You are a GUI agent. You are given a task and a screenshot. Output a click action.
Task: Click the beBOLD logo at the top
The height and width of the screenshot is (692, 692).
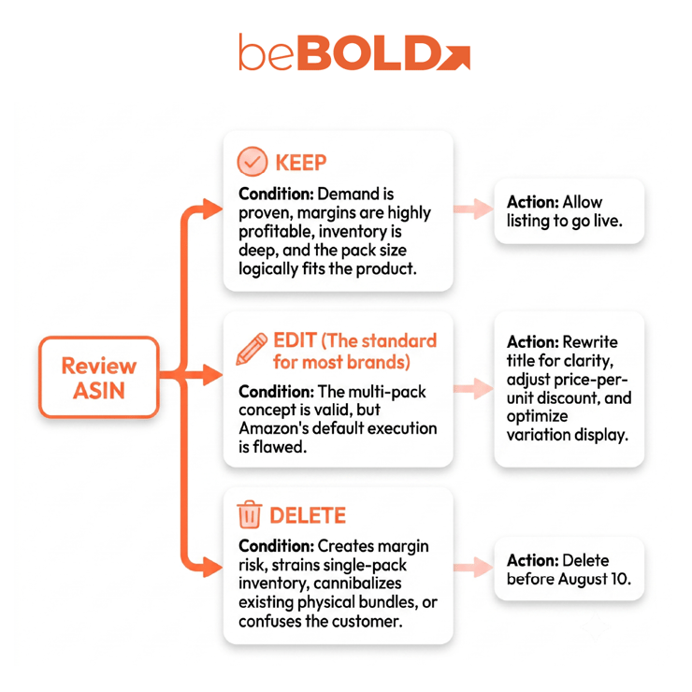tap(354, 52)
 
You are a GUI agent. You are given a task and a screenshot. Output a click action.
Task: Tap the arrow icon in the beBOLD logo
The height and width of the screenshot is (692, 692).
tap(454, 57)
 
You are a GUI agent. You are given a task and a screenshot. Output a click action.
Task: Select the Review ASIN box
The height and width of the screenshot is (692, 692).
tap(99, 378)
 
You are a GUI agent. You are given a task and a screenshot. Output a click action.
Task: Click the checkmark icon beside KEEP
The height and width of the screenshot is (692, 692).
tap(252, 162)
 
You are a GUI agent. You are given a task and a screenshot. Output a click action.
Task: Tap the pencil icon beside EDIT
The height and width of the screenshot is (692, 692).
tap(252, 349)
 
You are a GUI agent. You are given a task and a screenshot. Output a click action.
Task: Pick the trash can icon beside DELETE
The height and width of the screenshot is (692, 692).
tap(250, 514)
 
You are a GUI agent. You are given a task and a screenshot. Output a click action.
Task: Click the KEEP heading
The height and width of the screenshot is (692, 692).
tap(301, 163)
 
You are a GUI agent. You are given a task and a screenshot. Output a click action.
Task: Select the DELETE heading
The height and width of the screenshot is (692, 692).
tap(308, 515)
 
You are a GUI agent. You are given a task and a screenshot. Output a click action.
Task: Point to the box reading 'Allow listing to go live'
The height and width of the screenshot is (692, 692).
tap(569, 211)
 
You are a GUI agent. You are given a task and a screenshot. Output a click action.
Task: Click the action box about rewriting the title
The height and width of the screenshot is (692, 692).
tap(569, 389)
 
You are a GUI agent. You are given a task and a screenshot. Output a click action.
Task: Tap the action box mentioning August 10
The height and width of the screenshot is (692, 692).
tap(569, 569)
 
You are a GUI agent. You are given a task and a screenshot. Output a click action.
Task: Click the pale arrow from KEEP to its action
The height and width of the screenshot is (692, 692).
tap(473, 209)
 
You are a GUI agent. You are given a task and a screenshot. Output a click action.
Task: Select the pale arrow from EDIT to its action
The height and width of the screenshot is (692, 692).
tap(473, 388)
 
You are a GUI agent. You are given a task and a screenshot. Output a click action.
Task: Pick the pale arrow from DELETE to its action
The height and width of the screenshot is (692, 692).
tap(473, 567)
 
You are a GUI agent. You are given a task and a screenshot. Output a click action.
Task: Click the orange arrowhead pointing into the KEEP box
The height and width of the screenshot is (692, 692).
tap(212, 209)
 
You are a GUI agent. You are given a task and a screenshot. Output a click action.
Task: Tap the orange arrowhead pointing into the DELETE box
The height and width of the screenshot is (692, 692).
tap(212, 567)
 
